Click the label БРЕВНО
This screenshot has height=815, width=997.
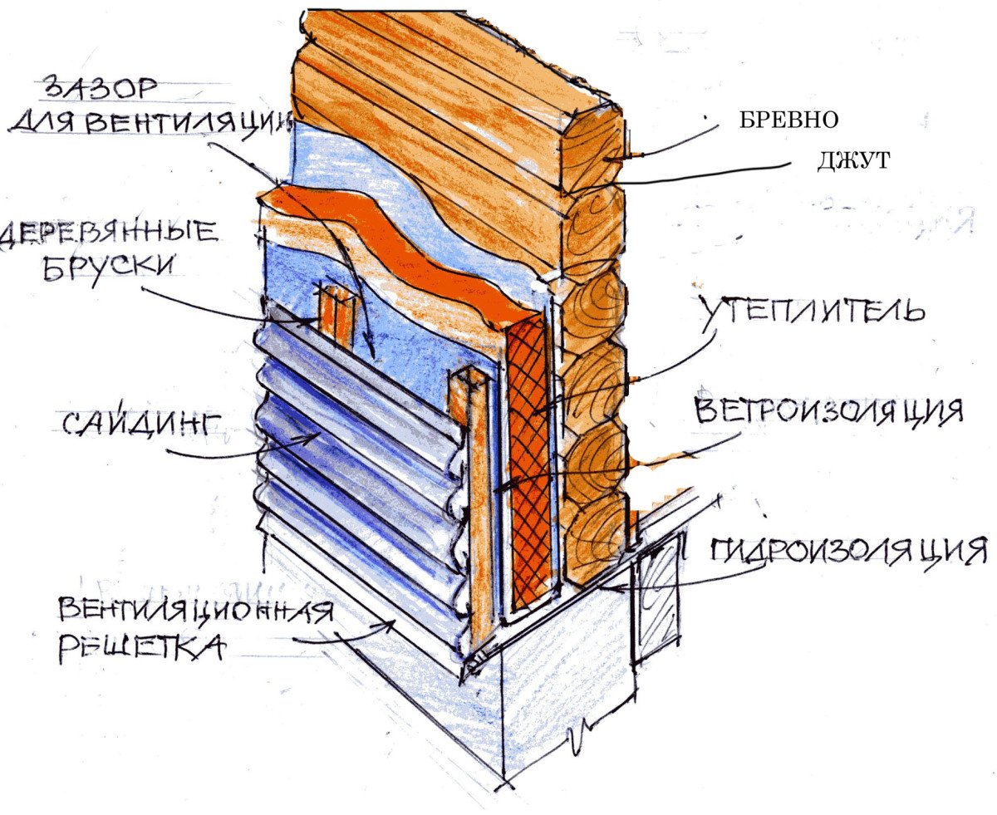click(788, 120)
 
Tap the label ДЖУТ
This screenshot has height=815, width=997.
click(854, 160)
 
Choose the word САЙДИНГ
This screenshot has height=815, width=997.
click(141, 423)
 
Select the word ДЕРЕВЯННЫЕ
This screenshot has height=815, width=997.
click(110, 233)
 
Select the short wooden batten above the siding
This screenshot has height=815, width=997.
click(335, 316)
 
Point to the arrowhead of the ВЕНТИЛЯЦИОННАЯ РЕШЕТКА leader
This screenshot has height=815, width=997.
click(389, 624)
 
